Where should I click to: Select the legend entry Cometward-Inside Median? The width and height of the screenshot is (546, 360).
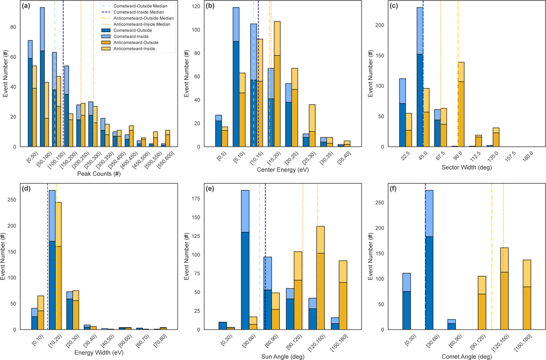(x=139, y=12)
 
